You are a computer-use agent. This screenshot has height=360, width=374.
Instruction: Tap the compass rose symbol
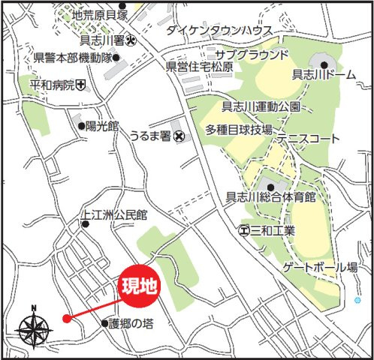tap(33, 328)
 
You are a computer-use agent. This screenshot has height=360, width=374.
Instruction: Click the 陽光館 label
tap(102, 127)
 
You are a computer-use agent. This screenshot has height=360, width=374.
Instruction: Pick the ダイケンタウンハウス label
tap(220, 30)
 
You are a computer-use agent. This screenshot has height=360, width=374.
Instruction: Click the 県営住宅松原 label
tap(199, 66)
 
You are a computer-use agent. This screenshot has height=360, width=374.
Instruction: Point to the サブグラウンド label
tap(252, 55)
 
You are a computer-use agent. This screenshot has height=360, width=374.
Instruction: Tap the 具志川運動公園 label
tap(261, 107)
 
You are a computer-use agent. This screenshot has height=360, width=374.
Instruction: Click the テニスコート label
tap(307, 139)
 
